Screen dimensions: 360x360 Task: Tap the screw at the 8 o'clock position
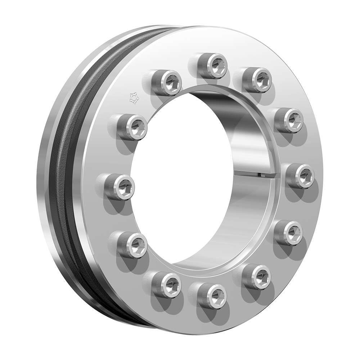click(x=133, y=245)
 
